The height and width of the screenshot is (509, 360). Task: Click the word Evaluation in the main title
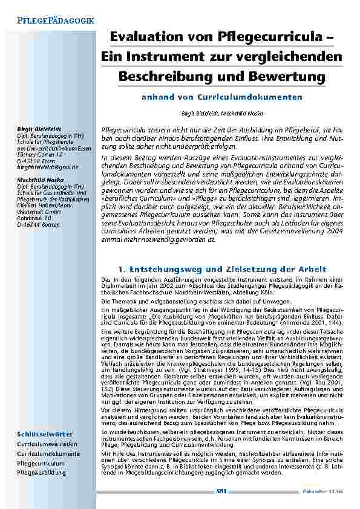143,37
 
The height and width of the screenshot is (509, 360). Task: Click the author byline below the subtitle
221,113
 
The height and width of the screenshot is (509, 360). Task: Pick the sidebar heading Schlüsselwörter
45,433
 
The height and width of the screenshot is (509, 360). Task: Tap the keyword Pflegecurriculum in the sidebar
41,463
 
